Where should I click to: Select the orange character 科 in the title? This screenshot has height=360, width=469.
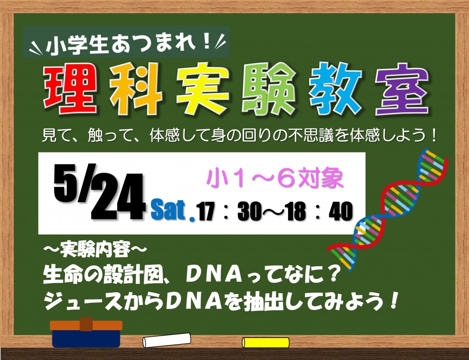(136, 89)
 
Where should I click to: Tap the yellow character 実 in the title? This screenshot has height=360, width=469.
(203, 89)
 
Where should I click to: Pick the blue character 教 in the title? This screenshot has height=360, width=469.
(335, 89)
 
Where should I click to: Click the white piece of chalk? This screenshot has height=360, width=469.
(167, 340)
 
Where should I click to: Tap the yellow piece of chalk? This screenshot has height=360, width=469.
(266, 342)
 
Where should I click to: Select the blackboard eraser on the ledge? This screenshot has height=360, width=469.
(86, 333)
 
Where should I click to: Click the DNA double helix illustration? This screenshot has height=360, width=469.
(389, 209)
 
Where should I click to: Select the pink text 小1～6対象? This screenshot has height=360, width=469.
(275, 178)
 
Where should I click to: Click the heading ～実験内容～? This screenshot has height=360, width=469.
(95, 249)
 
